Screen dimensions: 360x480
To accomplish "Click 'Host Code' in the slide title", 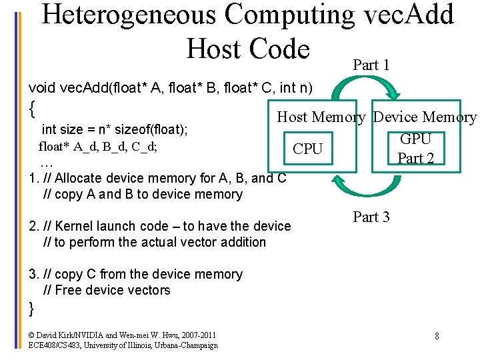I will click(x=248, y=49).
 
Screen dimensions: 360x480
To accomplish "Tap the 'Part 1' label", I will click(x=371, y=65).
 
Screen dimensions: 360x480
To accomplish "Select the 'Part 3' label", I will click(x=371, y=217).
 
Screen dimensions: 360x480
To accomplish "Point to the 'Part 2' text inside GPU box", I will click(x=415, y=158).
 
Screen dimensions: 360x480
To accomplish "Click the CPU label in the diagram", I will click(x=307, y=149).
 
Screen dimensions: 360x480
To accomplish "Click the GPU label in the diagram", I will click(x=415, y=139).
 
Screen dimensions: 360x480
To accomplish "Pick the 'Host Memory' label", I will click(x=321, y=117).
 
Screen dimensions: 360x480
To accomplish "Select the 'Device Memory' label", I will click(x=425, y=117).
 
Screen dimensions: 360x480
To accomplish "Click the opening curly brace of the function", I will click(x=32, y=105).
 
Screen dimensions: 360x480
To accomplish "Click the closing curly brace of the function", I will click(x=31, y=307).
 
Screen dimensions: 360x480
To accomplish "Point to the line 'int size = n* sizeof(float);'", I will click(x=114, y=129).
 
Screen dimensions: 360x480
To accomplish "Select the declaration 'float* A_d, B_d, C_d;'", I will click(x=98, y=146).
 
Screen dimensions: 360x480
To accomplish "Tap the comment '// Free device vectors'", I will click(x=107, y=290).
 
